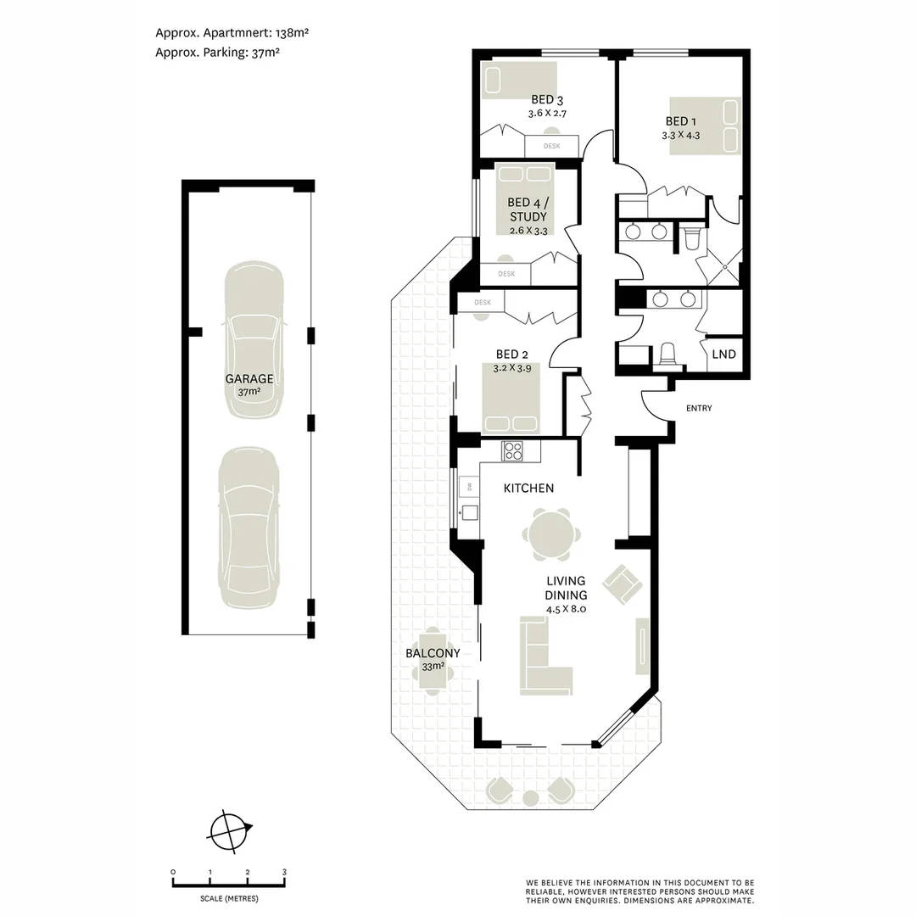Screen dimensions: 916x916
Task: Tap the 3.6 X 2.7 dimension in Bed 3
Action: [x=547, y=113]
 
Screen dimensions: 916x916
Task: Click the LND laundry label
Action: [x=723, y=355]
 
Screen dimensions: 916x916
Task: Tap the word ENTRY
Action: [x=699, y=409]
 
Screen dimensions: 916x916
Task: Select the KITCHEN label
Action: [x=528, y=488]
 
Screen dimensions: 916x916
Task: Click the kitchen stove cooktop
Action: [x=512, y=451]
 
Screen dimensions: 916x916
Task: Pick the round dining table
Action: [x=552, y=535]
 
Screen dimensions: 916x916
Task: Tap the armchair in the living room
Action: [x=623, y=584]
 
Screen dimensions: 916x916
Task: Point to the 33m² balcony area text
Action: [x=433, y=667]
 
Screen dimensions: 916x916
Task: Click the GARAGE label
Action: [x=249, y=379]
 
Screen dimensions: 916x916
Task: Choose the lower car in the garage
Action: [x=249, y=528]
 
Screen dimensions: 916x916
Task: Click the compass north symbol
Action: [x=228, y=829]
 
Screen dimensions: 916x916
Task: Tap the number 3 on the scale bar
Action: [x=284, y=872]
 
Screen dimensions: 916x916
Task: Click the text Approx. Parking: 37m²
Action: [x=217, y=52]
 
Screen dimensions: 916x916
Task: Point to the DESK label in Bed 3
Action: [x=551, y=146]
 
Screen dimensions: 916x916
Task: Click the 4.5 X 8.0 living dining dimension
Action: [x=567, y=609]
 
